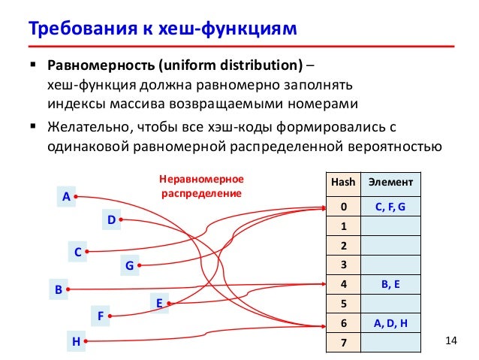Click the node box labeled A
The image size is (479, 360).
(x=65, y=197)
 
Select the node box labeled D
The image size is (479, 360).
(x=110, y=219)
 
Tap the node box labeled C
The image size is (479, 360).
(x=76, y=253)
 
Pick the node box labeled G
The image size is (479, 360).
(x=128, y=265)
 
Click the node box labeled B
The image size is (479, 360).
(x=57, y=289)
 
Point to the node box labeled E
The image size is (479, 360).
(x=159, y=303)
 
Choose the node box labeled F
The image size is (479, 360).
(x=99, y=316)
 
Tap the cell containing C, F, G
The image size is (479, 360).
(x=389, y=205)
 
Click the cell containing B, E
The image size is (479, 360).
(x=389, y=284)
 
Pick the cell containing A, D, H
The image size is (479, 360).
(x=389, y=323)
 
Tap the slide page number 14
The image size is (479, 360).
(x=450, y=343)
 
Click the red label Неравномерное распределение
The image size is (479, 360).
(x=201, y=187)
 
